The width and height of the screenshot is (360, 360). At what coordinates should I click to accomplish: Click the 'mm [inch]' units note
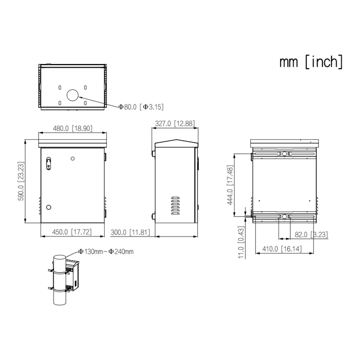click(311, 62)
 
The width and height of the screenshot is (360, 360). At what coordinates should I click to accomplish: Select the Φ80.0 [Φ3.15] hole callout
click(141, 107)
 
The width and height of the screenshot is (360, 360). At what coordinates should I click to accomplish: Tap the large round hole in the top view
click(73, 95)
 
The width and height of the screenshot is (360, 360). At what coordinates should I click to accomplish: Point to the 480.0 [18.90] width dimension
click(72, 128)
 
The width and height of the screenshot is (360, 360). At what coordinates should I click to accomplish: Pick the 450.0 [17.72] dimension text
click(72, 232)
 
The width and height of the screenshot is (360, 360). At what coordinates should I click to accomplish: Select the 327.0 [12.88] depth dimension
click(174, 123)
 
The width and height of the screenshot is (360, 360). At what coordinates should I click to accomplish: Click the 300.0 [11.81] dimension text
click(130, 232)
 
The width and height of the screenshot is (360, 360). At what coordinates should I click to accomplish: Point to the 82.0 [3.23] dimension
click(311, 235)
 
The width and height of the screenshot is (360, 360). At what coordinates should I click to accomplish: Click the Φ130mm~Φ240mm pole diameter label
click(105, 251)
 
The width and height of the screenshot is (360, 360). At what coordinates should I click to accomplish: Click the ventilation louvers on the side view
click(175, 206)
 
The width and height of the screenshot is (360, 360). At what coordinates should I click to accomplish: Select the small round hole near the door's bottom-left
click(49, 207)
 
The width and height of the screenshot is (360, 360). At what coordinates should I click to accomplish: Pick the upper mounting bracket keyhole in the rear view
click(284, 154)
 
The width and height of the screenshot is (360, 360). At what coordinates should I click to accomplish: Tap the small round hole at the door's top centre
click(73, 159)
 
